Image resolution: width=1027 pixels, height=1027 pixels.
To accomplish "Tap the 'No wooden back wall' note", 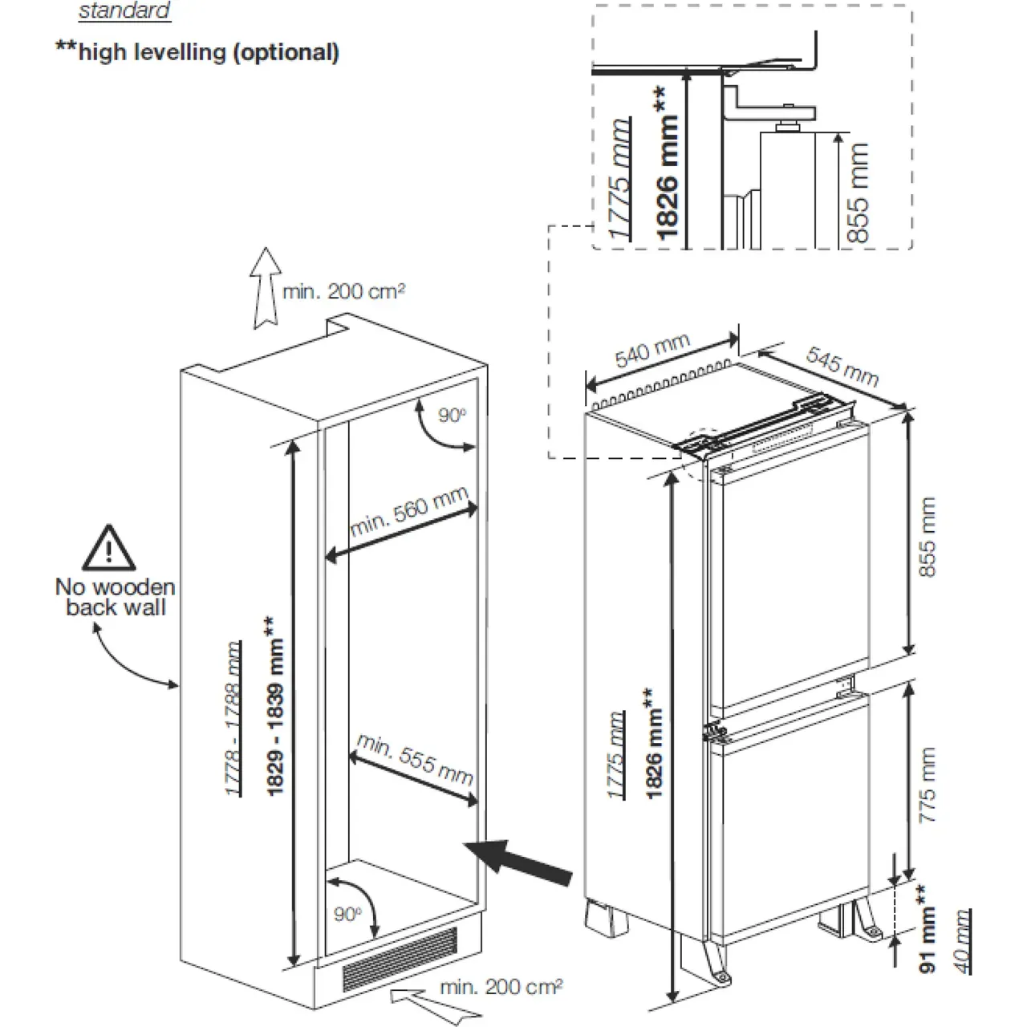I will [x=115, y=598].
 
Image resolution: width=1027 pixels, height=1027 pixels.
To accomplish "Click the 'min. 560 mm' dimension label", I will [x=408, y=513].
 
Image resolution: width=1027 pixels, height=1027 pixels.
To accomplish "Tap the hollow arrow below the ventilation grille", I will [x=412, y=997].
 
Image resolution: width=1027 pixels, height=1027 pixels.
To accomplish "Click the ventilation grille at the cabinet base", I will [x=400, y=959].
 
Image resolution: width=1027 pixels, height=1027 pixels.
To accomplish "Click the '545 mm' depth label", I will [x=842, y=366].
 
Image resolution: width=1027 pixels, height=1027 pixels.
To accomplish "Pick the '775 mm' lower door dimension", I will [x=927, y=785].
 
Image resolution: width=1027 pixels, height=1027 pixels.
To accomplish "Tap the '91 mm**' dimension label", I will [x=928, y=929].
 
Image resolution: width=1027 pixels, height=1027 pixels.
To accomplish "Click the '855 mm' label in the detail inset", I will [x=858, y=193].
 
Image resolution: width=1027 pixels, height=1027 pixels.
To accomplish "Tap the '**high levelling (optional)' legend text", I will [x=198, y=53].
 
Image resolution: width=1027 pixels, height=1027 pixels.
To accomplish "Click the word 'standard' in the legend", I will [x=124, y=11].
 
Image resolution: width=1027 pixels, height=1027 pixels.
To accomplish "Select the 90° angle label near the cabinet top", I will [x=452, y=415].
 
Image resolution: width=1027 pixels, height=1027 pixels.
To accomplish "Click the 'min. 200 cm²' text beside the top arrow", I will [x=343, y=291].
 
